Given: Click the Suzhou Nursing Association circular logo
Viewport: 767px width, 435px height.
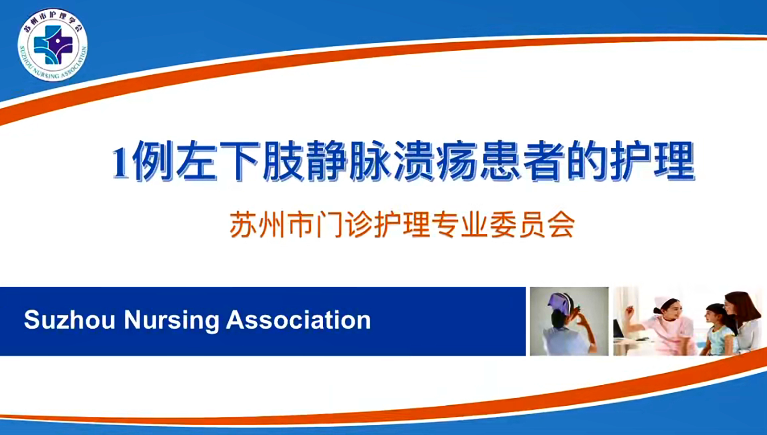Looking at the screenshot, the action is point(53,45).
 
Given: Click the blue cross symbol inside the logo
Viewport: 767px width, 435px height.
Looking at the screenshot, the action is point(53,45).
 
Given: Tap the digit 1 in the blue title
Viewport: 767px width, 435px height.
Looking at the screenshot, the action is point(121,162).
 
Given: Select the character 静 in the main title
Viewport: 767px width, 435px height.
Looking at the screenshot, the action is point(327,161).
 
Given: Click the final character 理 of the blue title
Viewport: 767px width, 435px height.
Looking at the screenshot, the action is point(674,161).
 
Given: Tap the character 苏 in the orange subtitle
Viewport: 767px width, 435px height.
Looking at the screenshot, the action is point(243,224).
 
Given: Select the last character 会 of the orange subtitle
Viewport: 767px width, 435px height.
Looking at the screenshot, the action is point(561,224).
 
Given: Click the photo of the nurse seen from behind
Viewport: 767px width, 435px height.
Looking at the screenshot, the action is point(569,322).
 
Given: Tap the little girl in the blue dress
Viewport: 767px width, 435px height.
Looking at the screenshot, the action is point(719,330).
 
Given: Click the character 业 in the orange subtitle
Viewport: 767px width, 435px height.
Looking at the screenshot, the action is point(474,224).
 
